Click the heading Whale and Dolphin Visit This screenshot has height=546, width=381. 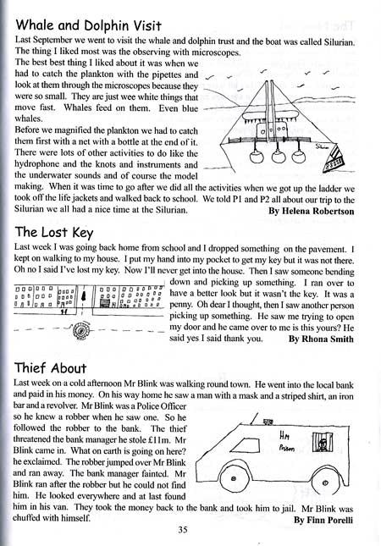coord(102,16)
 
